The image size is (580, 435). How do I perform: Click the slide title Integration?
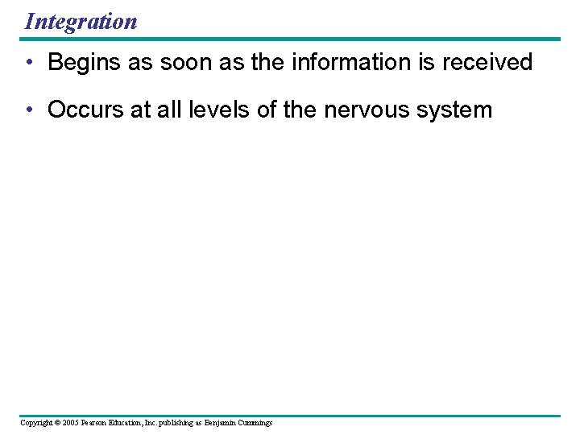pos(81,21)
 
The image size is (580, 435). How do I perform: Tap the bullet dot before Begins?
pos(30,63)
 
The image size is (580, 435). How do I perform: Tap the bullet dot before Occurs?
pos(30,110)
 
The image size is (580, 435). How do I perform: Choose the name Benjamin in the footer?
pos(221,423)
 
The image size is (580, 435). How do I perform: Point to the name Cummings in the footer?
pos(256,423)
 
